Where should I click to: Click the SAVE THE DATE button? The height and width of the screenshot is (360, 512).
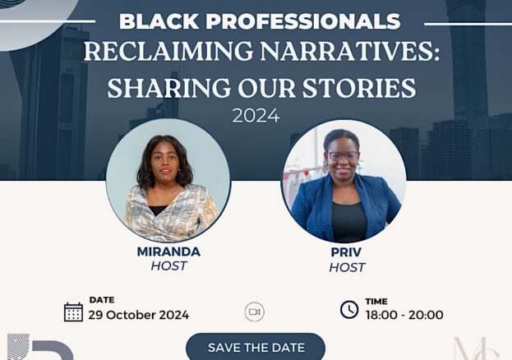pos(256,347)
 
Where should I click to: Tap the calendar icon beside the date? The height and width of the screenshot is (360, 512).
pos(73,312)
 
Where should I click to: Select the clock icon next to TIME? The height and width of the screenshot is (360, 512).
pos(349,309)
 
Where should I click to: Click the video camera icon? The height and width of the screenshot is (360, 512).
pos(255,312)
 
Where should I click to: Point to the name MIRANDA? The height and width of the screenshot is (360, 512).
pos(168,252)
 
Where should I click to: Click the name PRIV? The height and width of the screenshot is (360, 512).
pos(346,252)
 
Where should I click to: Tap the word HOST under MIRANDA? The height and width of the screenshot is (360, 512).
pos(168,266)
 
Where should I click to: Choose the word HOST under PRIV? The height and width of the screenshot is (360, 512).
pos(347,268)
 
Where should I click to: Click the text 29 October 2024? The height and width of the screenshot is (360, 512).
pos(138,315)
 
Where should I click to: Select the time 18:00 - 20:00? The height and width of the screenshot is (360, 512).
pos(404,315)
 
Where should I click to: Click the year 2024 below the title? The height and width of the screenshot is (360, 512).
pos(256,116)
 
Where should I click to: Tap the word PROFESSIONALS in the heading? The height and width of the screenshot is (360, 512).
pos(302,21)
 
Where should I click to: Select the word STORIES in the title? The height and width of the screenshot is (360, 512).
pos(359,88)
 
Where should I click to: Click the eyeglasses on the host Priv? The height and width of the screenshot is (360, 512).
pos(343,156)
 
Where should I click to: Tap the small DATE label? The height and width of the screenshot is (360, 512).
pos(102,299)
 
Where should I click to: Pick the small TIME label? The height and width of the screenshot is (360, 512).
pos(376,301)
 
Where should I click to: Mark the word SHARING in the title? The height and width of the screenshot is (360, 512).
pos(168,88)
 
